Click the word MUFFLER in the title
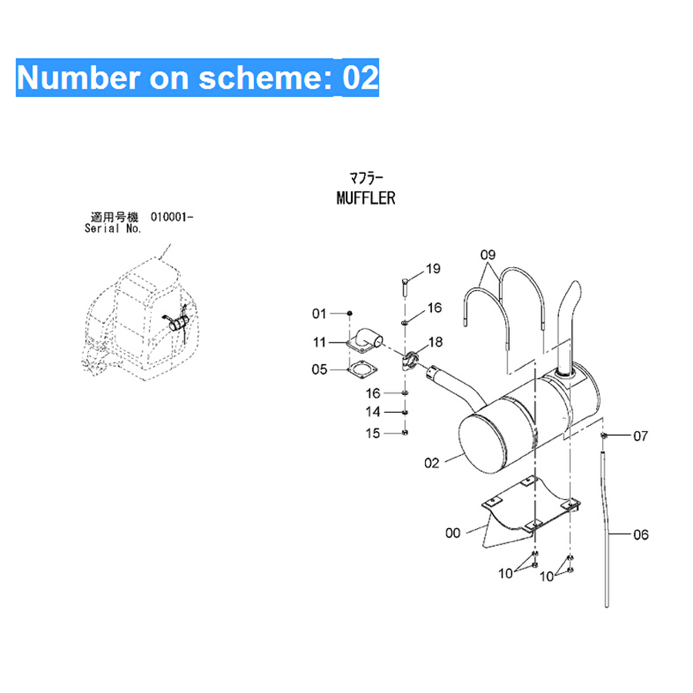point(366,198)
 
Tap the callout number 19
point(433,269)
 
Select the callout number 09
point(488,255)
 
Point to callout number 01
point(319,314)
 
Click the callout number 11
point(319,342)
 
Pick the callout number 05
point(320,370)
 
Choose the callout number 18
point(435,342)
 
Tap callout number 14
point(373,412)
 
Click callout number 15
point(373,433)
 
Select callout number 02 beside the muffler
point(432,464)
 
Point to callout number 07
point(641,437)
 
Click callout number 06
point(641,535)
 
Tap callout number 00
point(453,533)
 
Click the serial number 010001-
point(172,217)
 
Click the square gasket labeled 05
point(363,370)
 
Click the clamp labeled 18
point(410,360)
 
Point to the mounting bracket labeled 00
point(531,511)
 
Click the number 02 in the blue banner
point(360,78)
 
